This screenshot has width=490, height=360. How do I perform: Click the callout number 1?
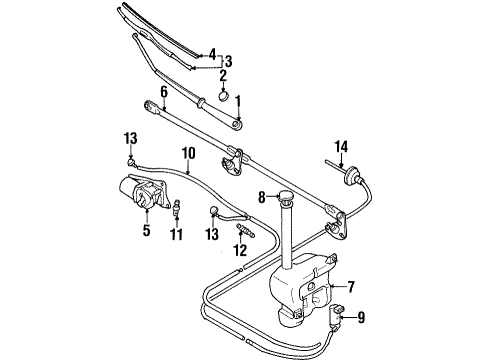238,100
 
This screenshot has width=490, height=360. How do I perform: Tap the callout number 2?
224,74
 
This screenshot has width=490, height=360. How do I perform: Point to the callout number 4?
210,52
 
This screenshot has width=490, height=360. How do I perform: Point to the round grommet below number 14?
348,181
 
